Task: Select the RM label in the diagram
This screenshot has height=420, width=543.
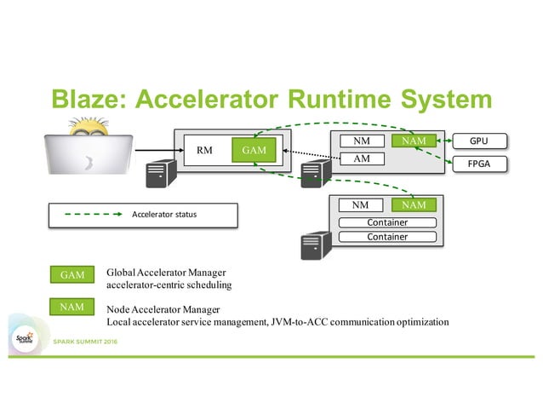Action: (204, 150)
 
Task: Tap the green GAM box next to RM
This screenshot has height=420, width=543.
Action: (254, 150)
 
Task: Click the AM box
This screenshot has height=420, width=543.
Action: (360, 158)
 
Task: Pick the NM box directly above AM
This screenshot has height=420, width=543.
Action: (360, 141)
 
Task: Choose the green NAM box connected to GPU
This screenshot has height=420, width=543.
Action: (414, 141)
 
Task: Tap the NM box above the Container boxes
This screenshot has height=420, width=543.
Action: (360, 204)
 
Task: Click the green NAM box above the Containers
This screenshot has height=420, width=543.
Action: (414, 204)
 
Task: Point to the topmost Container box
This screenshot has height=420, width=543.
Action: (386, 222)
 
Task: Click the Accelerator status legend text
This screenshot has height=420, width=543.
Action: (163, 214)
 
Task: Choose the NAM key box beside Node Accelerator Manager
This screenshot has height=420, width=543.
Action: (71, 306)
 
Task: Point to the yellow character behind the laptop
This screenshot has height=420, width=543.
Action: (91, 125)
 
